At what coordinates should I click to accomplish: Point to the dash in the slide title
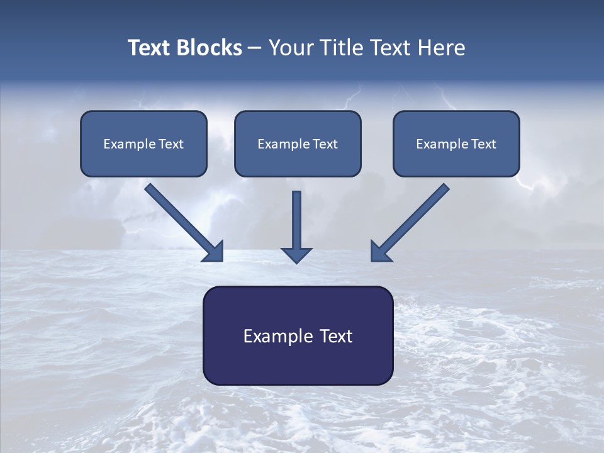click(x=255, y=48)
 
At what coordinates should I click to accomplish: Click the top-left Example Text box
click(x=143, y=143)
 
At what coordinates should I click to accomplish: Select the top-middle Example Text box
click(x=298, y=143)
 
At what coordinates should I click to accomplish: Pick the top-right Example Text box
click(x=456, y=143)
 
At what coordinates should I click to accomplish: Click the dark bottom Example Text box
click(x=298, y=335)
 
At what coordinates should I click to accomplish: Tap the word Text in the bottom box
click(x=335, y=336)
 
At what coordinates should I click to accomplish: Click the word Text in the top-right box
click(x=484, y=144)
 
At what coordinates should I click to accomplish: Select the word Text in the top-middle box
click(x=325, y=144)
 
